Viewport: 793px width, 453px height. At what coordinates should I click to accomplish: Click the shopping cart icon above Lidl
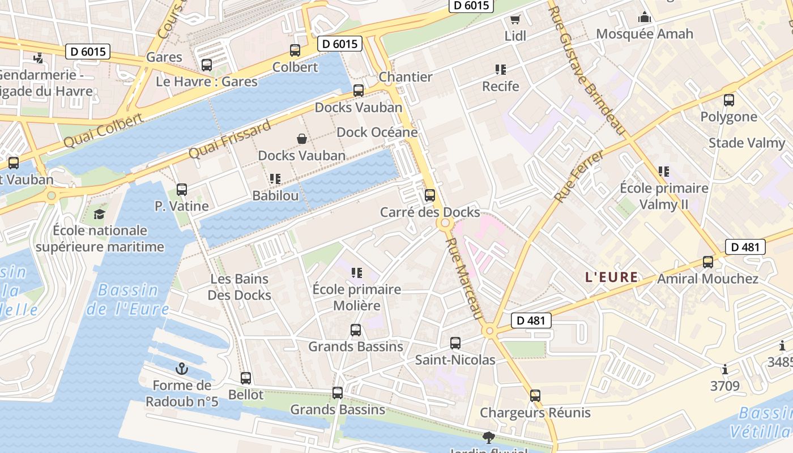[x=515, y=20]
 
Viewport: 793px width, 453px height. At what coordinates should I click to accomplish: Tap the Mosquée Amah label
[x=645, y=34]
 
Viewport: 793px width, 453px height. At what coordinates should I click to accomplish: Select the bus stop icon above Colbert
[x=295, y=50]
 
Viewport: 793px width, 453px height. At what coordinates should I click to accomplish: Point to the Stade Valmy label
[x=747, y=143]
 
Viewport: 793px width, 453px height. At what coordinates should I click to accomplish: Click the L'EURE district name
[x=611, y=277]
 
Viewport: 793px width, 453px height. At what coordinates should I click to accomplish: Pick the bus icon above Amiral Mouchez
[x=708, y=262]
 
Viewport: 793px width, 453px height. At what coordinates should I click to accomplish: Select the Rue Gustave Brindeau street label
[x=587, y=71]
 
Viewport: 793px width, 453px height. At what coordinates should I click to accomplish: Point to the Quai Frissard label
[x=229, y=140]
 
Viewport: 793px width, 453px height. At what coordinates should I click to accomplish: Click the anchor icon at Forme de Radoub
[x=182, y=369]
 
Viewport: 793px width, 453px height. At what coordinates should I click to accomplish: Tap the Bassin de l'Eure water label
[x=127, y=300]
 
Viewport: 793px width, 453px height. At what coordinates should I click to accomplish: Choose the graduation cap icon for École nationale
[x=100, y=214]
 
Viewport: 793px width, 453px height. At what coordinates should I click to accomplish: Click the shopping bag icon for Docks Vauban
[x=302, y=139]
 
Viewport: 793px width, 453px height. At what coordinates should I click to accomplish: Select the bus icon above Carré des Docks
[x=430, y=196]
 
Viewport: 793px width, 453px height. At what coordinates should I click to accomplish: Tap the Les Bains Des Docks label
[x=239, y=287]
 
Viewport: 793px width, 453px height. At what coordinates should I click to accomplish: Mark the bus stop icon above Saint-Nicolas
[x=455, y=343]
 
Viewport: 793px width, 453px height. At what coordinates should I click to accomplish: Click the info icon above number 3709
[x=725, y=370]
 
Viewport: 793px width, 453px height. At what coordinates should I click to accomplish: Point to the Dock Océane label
[x=377, y=132]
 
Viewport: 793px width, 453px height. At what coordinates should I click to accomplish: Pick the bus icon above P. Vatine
[x=182, y=190]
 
